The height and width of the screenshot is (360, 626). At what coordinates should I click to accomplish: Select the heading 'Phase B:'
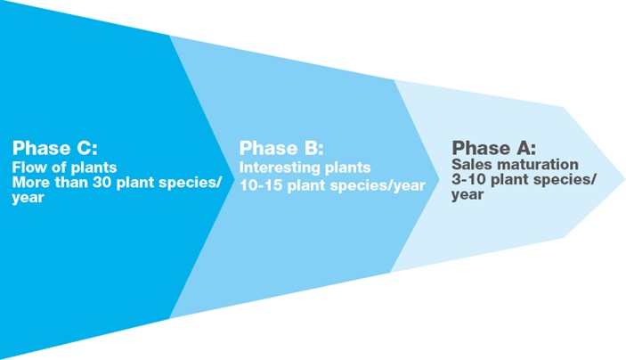tap(281, 148)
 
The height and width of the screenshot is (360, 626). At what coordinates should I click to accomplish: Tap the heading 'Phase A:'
tap(493, 148)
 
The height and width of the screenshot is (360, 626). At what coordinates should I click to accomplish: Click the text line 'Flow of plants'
tap(64, 168)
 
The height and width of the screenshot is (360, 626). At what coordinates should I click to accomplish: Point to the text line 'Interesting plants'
tap(305, 168)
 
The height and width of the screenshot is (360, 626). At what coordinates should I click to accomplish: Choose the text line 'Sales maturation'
tap(515, 165)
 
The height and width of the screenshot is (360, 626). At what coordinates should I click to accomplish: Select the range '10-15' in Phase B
tap(259, 184)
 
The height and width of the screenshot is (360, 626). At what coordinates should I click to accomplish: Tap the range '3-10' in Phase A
tap(469, 180)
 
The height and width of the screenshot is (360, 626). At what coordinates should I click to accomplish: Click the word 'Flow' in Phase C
tap(28, 168)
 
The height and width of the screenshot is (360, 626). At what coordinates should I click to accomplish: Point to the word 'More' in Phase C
tap(30, 184)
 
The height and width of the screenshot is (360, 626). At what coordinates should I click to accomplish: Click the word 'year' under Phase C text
tap(28, 199)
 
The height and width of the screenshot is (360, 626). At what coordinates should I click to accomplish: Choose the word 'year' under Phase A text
tap(467, 195)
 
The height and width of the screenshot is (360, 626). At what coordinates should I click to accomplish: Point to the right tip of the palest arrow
tap(622, 172)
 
